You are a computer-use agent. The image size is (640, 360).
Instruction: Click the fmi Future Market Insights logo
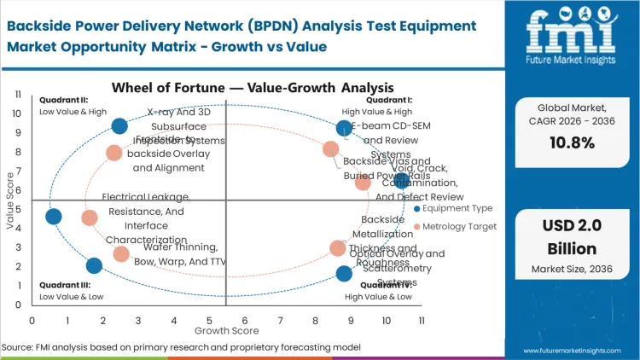pyautogui.click(x=570, y=40)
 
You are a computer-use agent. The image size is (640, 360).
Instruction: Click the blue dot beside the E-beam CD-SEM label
pyautogui.click(x=344, y=129)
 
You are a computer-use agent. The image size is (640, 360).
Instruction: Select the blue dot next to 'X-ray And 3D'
pyautogui.click(x=119, y=126)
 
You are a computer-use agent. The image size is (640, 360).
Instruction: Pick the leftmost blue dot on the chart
pyautogui.click(x=53, y=217)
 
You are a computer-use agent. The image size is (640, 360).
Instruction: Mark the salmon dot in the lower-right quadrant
pyautogui.click(x=338, y=248)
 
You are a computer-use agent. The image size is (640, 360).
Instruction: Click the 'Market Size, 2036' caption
pyautogui.click(x=569, y=270)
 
